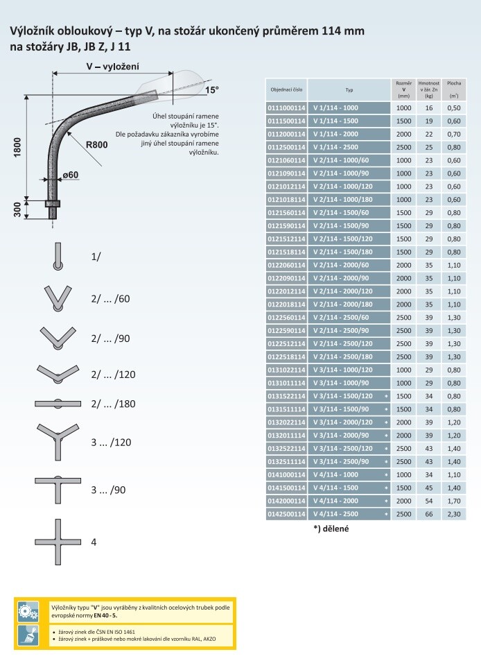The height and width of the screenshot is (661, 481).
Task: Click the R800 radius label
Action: [x=96, y=144]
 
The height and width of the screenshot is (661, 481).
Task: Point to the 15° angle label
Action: [x=212, y=90]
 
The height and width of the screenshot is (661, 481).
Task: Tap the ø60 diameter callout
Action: [x=70, y=175]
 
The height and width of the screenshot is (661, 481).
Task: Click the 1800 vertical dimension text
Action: [x=17, y=147]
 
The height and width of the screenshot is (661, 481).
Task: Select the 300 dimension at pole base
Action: [x=17, y=209]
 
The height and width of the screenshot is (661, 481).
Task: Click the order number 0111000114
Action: [x=286, y=108]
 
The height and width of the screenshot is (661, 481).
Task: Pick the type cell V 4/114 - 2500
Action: [x=335, y=514]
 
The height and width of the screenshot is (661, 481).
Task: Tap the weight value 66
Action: [x=429, y=514]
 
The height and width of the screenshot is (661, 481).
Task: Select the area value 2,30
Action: [x=454, y=514]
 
